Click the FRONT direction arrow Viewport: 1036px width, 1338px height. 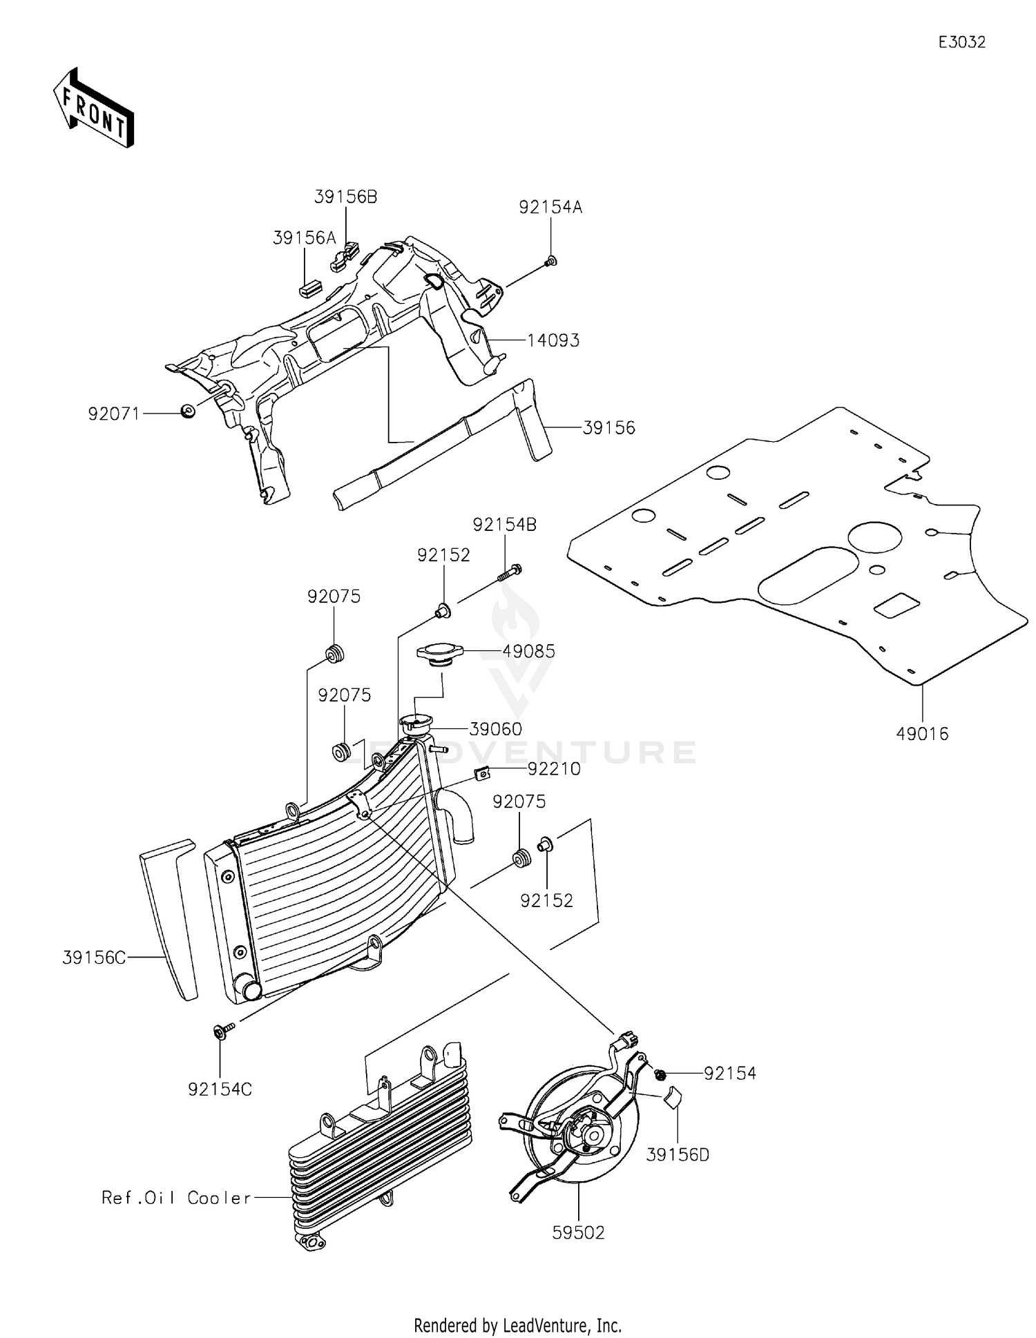click(x=93, y=109)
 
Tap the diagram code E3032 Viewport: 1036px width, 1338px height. click(x=961, y=42)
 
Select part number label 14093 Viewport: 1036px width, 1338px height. click(x=553, y=340)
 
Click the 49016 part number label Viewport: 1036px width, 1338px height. click(x=922, y=734)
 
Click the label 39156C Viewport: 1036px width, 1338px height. click(x=94, y=958)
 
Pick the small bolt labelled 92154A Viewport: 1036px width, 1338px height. click(x=550, y=262)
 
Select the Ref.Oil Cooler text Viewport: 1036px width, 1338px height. click(x=176, y=1198)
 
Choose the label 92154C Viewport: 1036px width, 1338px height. click(x=220, y=1089)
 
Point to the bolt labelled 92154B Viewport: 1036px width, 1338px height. click(x=510, y=571)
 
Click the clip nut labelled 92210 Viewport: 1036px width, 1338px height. click(x=484, y=773)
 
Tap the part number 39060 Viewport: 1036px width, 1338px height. click(x=495, y=729)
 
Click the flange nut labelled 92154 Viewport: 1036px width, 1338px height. click(x=660, y=1074)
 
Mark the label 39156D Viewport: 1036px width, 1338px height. click(x=678, y=1155)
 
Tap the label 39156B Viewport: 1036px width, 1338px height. click(x=345, y=197)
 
